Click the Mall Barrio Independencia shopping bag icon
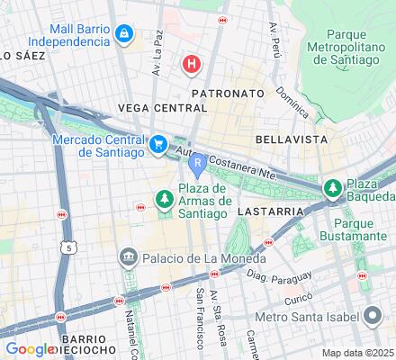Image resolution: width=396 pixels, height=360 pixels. pos(125,35)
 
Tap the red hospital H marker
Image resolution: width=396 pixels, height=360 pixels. pos(191,64)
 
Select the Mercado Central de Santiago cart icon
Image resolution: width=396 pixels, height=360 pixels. pos(158,144)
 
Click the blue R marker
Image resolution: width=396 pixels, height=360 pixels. pos(197,163)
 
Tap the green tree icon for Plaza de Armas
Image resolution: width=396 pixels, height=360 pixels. pos(165,198)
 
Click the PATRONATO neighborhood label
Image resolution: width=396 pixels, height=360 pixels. pos(228,93)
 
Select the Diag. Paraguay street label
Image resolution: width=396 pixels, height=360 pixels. pos(271,276)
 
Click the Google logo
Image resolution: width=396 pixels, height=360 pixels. pos(30,349)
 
